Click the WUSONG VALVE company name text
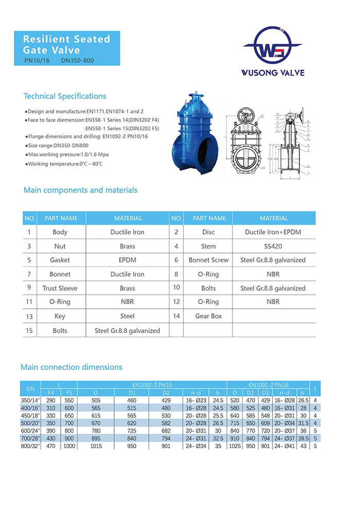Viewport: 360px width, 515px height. click(x=273, y=73)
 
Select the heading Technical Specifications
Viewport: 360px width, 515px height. click(x=65, y=96)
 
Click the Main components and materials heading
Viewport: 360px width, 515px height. click(x=80, y=190)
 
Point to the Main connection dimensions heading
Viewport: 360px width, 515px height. click(x=71, y=367)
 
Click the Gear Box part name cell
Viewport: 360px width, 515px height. click(x=209, y=316)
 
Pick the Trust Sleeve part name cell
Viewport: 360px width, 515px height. click(x=60, y=289)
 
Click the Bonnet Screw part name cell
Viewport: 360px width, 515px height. click(x=209, y=260)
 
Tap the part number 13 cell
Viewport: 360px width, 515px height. click(x=29, y=316)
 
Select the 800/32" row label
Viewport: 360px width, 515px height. click(x=31, y=447)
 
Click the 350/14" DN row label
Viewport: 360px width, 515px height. click(x=31, y=400)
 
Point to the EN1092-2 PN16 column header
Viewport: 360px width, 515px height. click(x=268, y=384)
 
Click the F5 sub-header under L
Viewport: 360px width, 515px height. click(x=68, y=393)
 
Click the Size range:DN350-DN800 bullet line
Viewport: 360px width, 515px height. click(x=57, y=146)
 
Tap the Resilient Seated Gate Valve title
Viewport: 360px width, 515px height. click(x=67, y=44)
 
